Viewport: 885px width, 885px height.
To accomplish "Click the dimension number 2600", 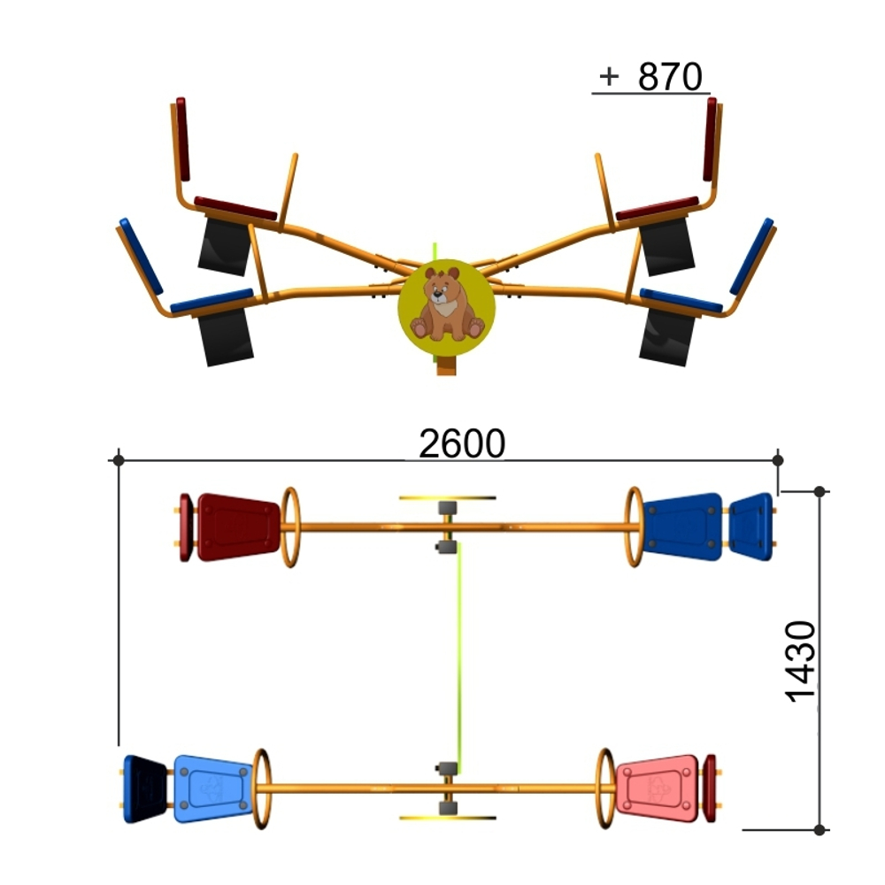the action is click(x=462, y=443).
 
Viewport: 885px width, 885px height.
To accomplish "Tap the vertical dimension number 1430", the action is click(x=800, y=661).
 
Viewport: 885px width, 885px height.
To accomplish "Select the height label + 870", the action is click(x=650, y=76).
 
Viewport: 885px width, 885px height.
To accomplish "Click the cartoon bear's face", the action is click(x=440, y=290).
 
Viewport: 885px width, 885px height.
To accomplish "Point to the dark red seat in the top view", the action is click(x=238, y=527).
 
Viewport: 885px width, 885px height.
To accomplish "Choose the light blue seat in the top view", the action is click(x=212, y=788).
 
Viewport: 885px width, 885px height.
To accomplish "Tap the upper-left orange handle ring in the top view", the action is click(x=290, y=527).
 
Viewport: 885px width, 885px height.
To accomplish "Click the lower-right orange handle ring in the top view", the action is click(x=605, y=789).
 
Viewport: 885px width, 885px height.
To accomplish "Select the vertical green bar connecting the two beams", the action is click(x=460, y=658).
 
